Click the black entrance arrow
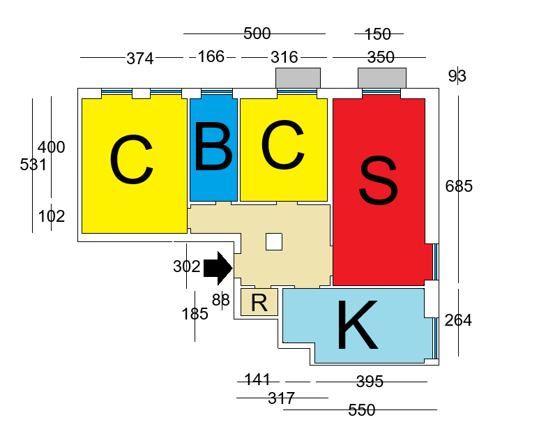(x=218, y=268)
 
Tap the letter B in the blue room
(x=213, y=148)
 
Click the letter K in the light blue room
(x=357, y=326)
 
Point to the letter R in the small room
(x=259, y=303)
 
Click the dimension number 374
(x=139, y=59)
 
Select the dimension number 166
(x=211, y=57)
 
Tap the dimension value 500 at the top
(x=257, y=33)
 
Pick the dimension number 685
(x=459, y=186)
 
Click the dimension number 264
(x=458, y=320)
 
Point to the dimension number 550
(x=361, y=410)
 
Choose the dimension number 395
(x=370, y=382)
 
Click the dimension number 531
(x=33, y=165)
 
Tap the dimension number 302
(x=186, y=266)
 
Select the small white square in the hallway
(x=273, y=241)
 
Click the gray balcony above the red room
(x=381, y=77)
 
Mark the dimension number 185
(x=195, y=314)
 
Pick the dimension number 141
(x=257, y=379)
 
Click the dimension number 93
(x=457, y=76)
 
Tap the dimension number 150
(x=378, y=33)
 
